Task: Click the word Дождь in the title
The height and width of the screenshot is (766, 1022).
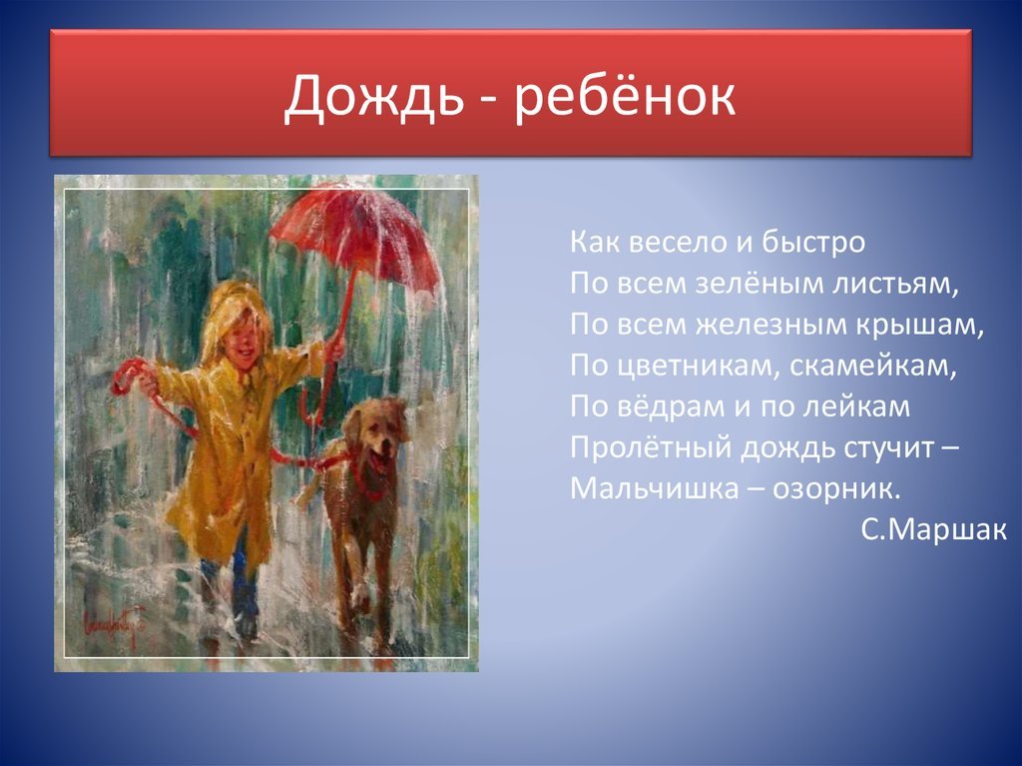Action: pyautogui.click(x=369, y=98)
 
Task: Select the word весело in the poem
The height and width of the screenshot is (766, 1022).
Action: pyautogui.click(x=672, y=243)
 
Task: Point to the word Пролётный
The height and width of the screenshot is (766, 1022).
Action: pyautogui.click(x=651, y=448)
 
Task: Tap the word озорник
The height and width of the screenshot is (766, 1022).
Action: pyautogui.click(x=837, y=489)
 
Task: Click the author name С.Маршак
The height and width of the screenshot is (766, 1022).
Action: pyautogui.click(x=933, y=529)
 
